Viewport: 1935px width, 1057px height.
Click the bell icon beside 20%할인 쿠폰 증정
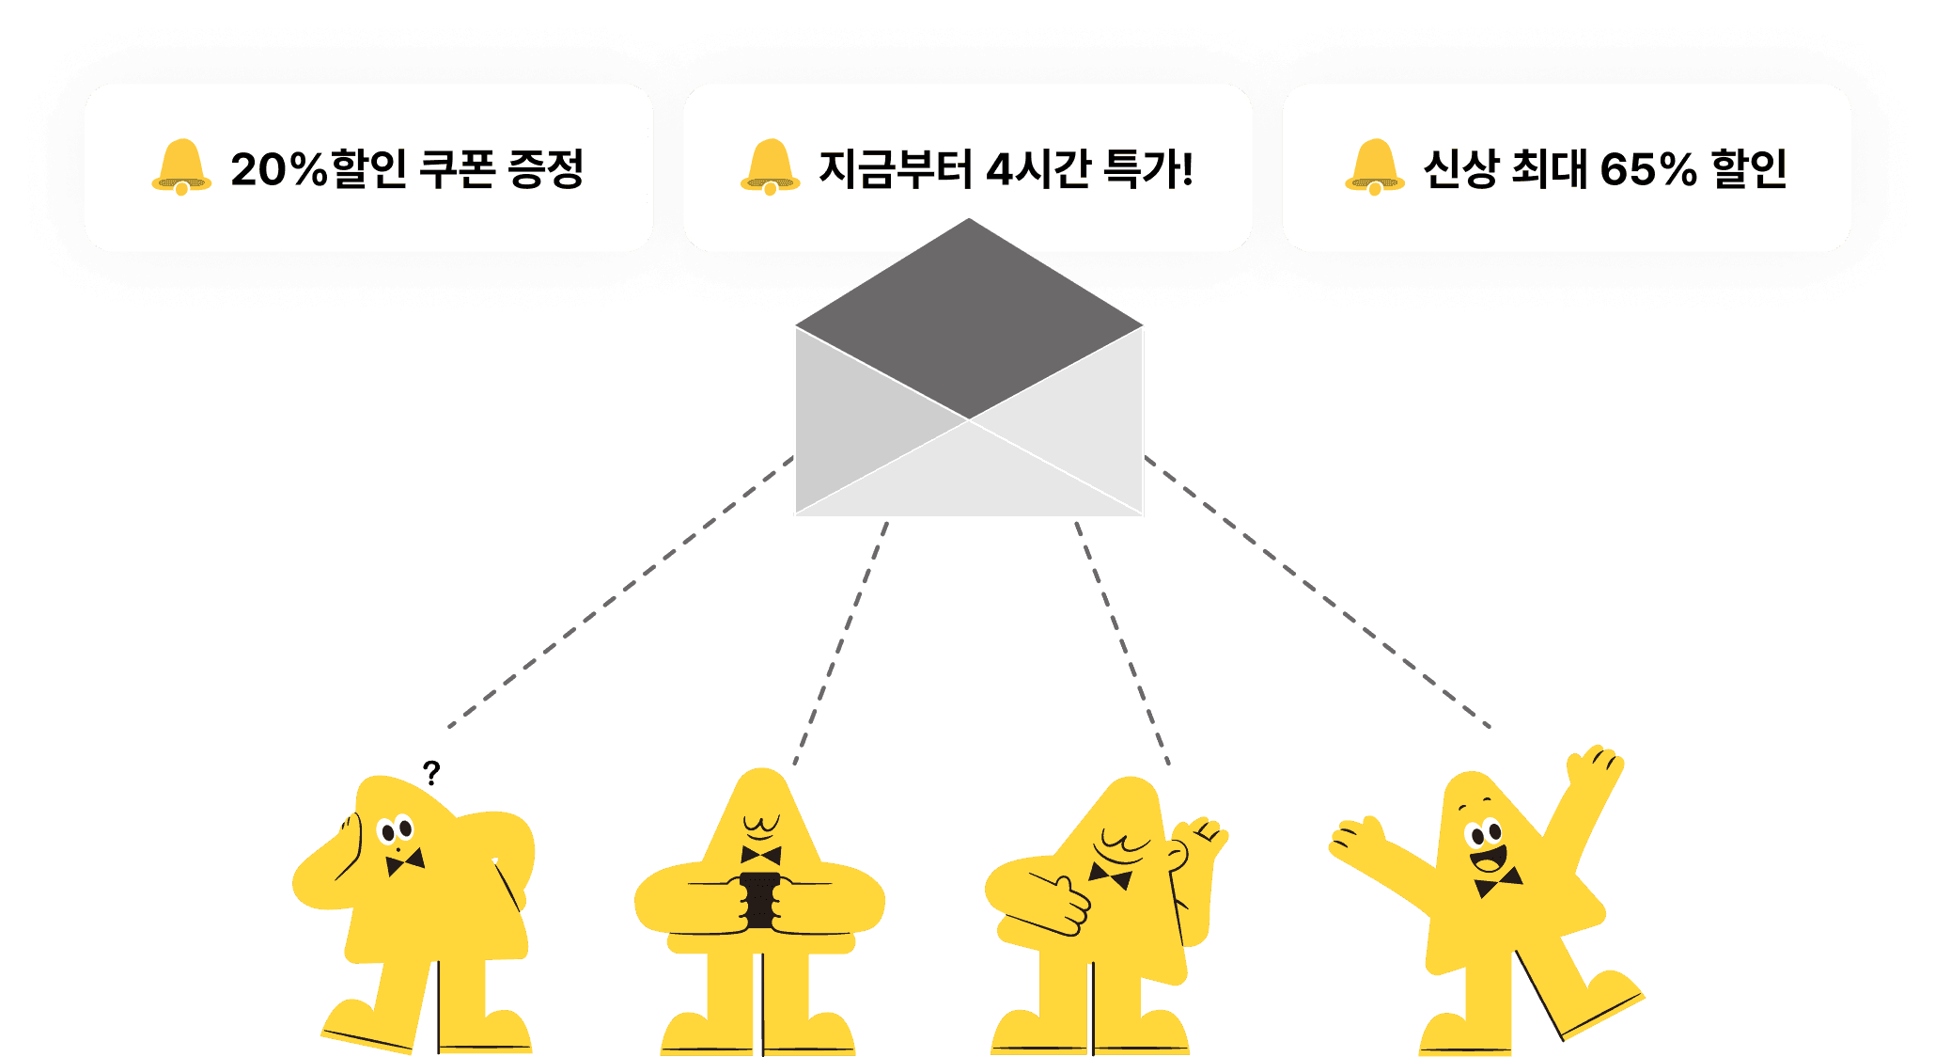(x=180, y=167)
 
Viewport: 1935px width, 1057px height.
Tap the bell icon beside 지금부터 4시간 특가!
(x=770, y=167)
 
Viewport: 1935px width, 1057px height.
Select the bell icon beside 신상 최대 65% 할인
(x=1374, y=167)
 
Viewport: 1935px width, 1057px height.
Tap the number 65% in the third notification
(x=1647, y=170)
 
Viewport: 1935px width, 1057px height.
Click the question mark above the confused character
(x=431, y=772)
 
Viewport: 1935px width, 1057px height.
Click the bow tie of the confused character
(x=404, y=861)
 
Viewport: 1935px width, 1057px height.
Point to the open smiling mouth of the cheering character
(x=1488, y=860)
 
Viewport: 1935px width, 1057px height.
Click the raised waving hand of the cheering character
(x=1596, y=766)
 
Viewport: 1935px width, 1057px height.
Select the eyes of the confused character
(x=396, y=830)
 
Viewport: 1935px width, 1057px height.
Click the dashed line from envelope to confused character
(x=620, y=592)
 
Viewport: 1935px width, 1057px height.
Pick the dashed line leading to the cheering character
(x=1316, y=592)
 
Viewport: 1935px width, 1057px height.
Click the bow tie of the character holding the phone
(x=760, y=856)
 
